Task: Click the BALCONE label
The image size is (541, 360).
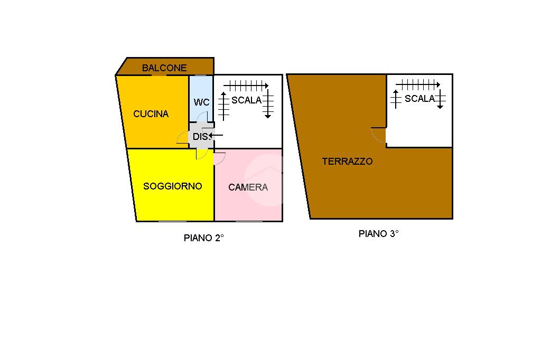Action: point(164,68)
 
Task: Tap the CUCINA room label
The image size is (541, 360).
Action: point(151,113)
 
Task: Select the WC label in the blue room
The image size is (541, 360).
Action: point(201,102)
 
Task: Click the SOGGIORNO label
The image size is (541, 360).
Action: point(172,186)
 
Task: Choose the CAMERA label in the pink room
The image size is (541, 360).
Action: point(248,187)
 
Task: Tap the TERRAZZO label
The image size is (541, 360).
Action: point(347,162)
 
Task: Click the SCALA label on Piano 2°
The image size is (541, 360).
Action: point(247,100)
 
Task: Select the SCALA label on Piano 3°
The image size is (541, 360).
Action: point(419,99)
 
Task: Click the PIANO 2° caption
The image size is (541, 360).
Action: point(204,238)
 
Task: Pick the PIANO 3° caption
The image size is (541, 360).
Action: point(378,233)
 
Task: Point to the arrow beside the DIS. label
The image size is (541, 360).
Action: point(216,136)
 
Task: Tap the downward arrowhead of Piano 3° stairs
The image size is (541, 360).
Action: point(440,107)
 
